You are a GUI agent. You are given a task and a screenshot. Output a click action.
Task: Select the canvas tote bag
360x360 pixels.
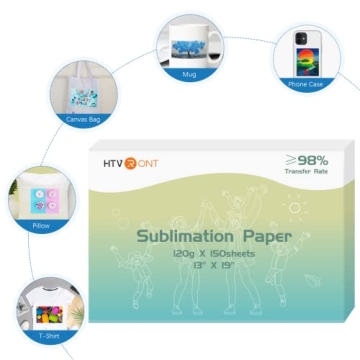click(83, 92)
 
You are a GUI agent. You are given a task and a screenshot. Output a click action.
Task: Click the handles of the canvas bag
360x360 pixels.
click(83, 69)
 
